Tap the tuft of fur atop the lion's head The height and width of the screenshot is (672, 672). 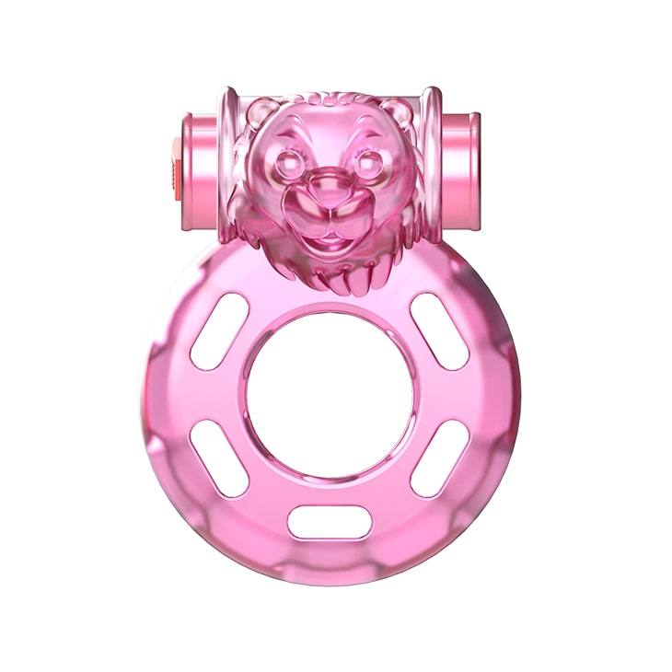[x=329, y=100]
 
